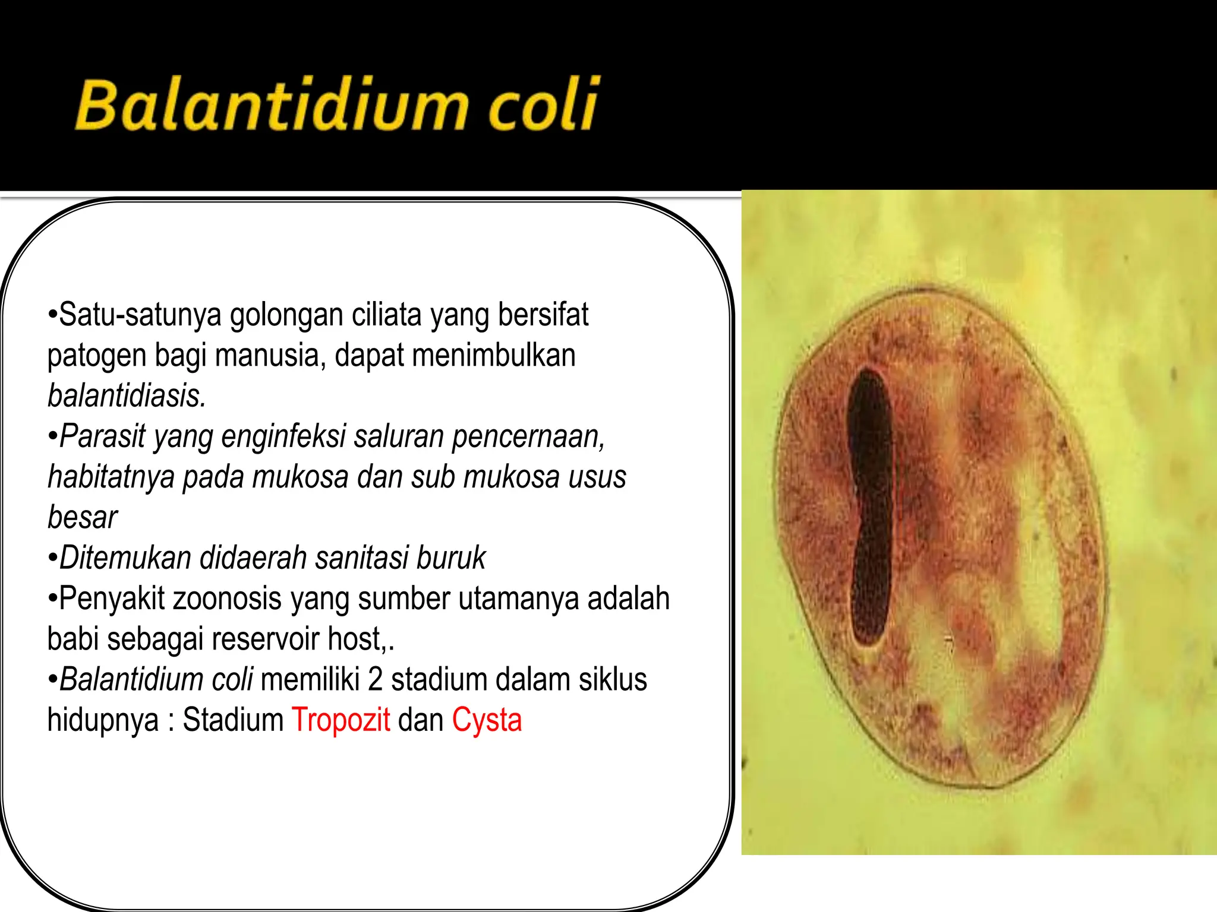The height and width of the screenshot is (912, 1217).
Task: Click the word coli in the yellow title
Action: coord(542,106)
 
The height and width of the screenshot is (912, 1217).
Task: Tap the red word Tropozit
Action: coord(340,720)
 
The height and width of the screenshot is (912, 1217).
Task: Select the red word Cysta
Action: coord(487,720)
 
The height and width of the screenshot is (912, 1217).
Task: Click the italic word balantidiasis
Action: coord(127,396)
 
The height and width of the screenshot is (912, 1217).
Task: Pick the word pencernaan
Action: coord(528,436)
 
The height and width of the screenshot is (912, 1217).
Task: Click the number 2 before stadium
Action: coord(375,680)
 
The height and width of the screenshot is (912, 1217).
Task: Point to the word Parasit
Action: coord(102,436)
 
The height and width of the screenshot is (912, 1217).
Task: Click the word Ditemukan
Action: coord(125,558)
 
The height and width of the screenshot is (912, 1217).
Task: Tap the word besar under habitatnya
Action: coord(82,518)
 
